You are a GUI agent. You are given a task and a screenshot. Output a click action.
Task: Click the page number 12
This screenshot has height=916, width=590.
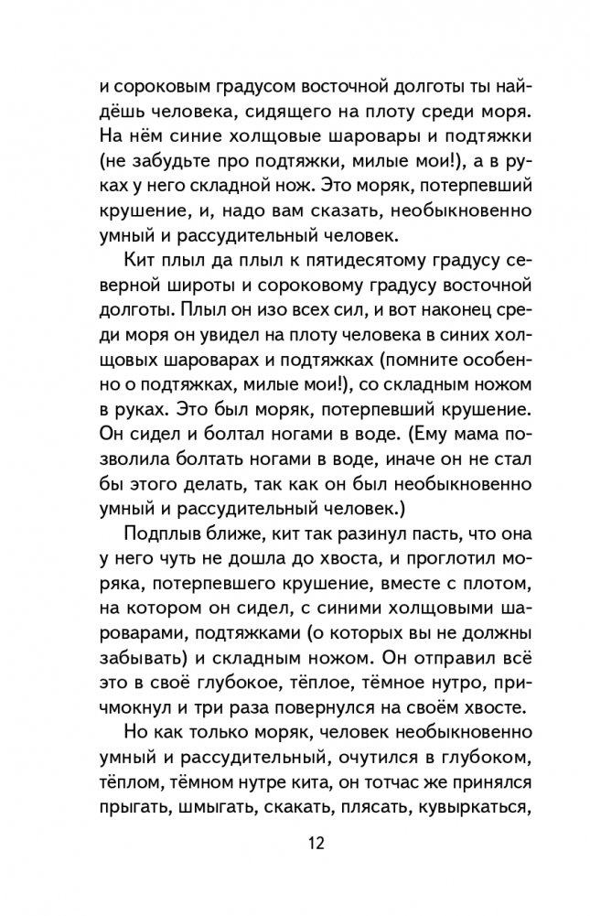coord(295,842)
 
